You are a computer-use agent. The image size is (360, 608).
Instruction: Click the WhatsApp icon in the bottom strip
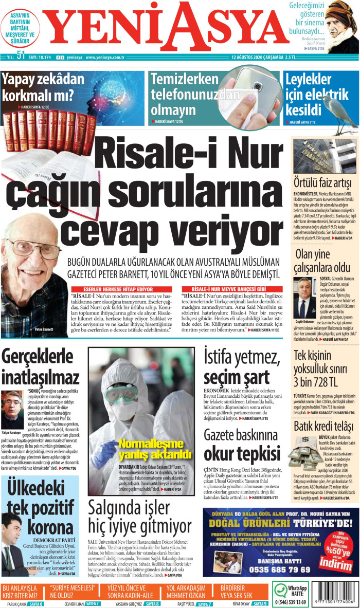[x=281, y=590]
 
